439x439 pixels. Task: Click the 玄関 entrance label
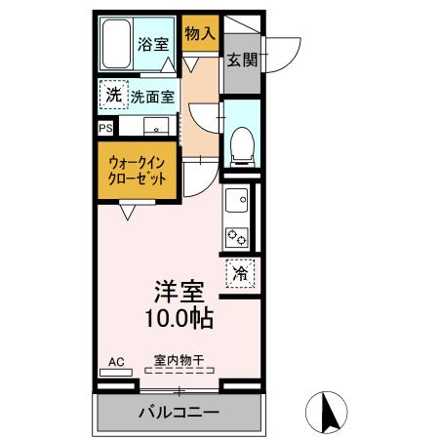[242, 60]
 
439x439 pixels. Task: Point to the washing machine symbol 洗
[113, 96]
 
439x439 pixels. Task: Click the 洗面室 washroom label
[153, 97]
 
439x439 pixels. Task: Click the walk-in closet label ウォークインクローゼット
[138, 172]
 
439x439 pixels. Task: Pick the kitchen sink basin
[236, 202]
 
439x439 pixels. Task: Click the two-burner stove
[237, 235]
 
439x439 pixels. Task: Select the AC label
[116, 362]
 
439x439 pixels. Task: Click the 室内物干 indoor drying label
[178, 360]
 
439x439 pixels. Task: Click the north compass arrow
[331, 412]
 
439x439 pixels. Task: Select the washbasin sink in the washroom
[155, 127]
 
